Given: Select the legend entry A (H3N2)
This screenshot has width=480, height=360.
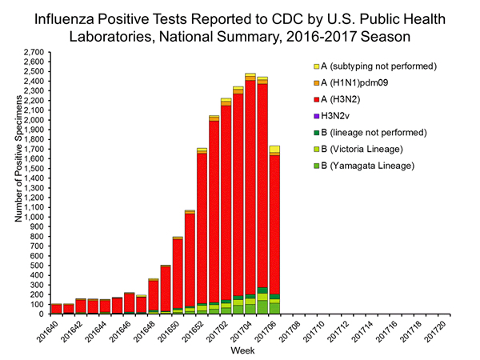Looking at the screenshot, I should tap(345, 99).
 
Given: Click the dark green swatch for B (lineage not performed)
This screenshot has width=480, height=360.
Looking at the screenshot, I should tap(317, 133).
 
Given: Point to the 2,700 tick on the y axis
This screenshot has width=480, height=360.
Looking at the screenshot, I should tap(34, 52).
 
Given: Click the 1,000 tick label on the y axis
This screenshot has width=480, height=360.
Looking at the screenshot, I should tap(34, 217).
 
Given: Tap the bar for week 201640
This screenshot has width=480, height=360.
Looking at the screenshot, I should tap(56, 309).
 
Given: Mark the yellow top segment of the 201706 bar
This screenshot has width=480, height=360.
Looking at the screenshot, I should tap(274, 149).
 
